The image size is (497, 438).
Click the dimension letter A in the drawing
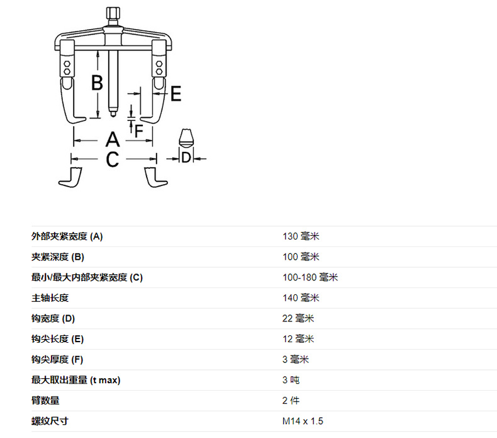pyautogui.click(x=112, y=139)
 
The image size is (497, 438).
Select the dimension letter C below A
pyautogui.click(x=112, y=159)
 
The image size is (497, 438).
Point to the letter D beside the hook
pyautogui.click(x=186, y=157)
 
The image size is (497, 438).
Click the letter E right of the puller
pyautogui.click(x=176, y=94)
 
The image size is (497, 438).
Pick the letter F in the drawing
pyautogui.click(x=139, y=130)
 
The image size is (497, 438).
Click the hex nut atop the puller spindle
pyautogui.click(x=114, y=13)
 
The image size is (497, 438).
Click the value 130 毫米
pyautogui.click(x=301, y=236)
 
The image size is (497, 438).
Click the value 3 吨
pyautogui.click(x=291, y=380)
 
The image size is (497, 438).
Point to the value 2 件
pyautogui.click(x=291, y=401)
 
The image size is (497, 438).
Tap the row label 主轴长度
pyautogui.click(x=50, y=298)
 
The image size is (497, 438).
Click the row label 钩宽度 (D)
pyautogui.click(x=53, y=318)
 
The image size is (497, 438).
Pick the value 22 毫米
pyautogui.click(x=299, y=318)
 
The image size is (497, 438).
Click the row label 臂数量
pyautogui.click(x=45, y=401)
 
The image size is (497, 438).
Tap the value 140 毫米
pyautogui.click(x=301, y=298)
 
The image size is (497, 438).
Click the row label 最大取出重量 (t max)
pyautogui.click(x=75, y=380)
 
